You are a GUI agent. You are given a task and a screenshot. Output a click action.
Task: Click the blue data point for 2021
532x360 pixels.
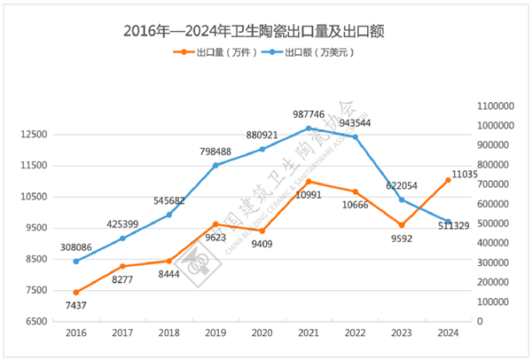[x=309, y=129]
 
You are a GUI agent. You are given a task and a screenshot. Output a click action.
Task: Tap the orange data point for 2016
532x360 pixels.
[x=76, y=292]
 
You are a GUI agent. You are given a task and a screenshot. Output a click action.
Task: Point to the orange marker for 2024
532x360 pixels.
[x=448, y=180]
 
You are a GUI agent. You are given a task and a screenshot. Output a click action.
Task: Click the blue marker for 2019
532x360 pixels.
[x=215, y=165]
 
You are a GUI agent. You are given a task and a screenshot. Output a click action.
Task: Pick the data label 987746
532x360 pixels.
[x=309, y=114]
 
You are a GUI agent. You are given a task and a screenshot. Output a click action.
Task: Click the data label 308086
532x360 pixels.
[x=76, y=246]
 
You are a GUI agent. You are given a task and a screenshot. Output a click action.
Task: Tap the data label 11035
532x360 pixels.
[x=464, y=175]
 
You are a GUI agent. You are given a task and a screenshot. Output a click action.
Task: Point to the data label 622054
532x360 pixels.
[x=402, y=185]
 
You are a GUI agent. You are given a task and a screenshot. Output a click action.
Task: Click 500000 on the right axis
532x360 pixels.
[x=493, y=223]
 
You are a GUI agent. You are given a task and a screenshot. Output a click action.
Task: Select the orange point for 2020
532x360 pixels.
[x=262, y=231]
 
